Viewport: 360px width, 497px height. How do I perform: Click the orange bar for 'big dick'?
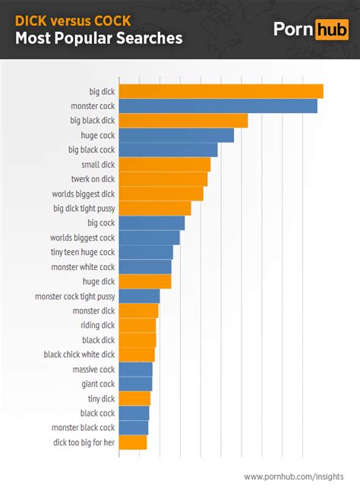(221, 91)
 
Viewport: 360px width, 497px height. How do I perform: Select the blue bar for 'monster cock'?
(218, 106)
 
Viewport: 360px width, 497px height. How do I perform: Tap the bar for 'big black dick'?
(183, 121)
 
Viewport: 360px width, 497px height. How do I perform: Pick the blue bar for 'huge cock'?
(176, 136)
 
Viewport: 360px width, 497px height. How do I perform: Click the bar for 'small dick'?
(165, 165)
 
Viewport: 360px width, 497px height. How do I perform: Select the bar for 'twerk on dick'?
(163, 179)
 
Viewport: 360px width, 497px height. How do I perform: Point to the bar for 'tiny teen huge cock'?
(146, 253)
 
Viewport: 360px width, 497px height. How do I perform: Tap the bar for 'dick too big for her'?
(133, 442)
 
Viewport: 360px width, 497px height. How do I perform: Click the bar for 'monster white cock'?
(145, 267)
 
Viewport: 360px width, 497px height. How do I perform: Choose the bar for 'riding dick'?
(137, 326)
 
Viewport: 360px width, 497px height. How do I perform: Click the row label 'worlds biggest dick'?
(84, 194)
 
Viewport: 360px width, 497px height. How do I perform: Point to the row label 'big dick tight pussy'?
(84, 209)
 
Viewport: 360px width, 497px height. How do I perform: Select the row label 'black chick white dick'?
(80, 354)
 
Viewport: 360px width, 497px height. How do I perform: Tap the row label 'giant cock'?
(98, 384)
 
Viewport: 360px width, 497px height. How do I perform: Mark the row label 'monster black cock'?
(84, 428)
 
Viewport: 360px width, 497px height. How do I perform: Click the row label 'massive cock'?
(94, 370)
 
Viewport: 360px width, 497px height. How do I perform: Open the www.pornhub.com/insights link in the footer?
(293, 477)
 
